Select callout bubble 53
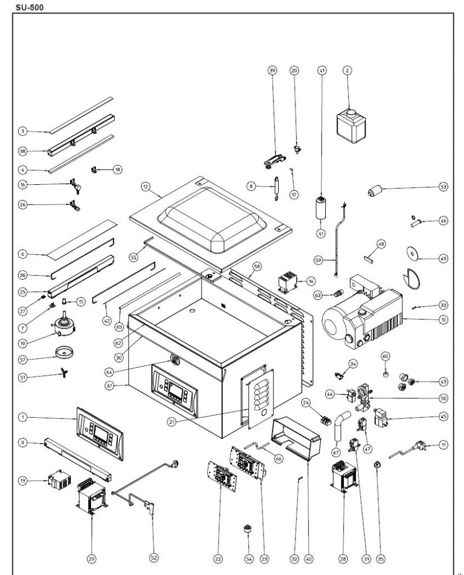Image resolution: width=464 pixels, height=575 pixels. pyautogui.click(x=444, y=186)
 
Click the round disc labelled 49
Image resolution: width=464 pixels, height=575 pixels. pyautogui.click(x=415, y=254)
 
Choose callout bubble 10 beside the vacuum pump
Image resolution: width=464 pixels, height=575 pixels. pyautogui.click(x=444, y=320)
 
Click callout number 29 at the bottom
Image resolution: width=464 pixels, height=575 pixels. pyautogui.click(x=92, y=558)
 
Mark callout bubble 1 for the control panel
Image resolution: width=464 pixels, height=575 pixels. pyautogui.click(x=22, y=417)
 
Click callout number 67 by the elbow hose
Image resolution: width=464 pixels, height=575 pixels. pyautogui.click(x=336, y=452)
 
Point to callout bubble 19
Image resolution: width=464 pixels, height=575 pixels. pyautogui.click(x=22, y=341)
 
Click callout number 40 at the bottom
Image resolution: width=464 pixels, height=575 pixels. pyautogui.click(x=308, y=558)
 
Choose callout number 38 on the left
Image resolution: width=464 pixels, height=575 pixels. pyautogui.click(x=22, y=151)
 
